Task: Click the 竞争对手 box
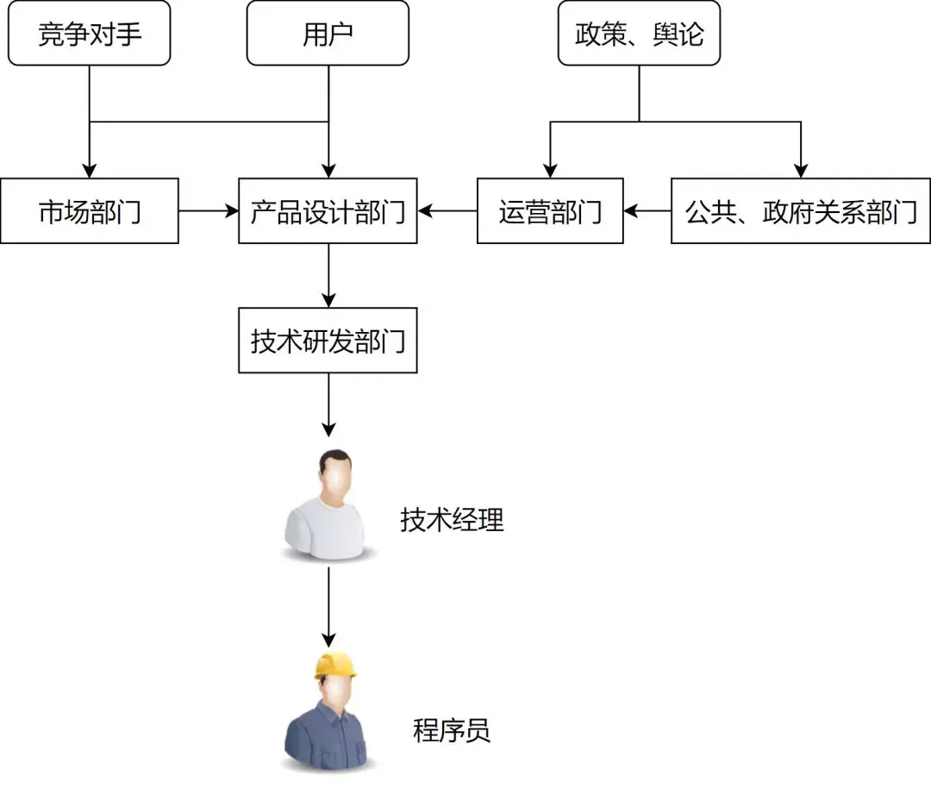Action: [x=90, y=34]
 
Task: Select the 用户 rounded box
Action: [x=328, y=34]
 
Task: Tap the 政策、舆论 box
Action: [x=639, y=34]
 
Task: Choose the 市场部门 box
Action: [x=90, y=211]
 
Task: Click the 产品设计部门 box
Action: [x=328, y=211]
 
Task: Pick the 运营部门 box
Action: [x=550, y=211]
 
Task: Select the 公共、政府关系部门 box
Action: [x=800, y=211]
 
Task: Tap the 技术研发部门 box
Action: [x=328, y=341]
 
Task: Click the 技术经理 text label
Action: [x=452, y=520]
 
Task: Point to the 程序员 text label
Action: [x=452, y=731]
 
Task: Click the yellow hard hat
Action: [x=335, y=665]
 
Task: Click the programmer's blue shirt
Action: [x=328, y=737]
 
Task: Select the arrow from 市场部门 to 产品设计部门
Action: [x=209, y=210]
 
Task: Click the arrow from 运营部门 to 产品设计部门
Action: [x=447, y=210]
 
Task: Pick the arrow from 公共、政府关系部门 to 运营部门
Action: [x=647, y=210]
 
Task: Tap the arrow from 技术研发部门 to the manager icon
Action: [x=328, y=405]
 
